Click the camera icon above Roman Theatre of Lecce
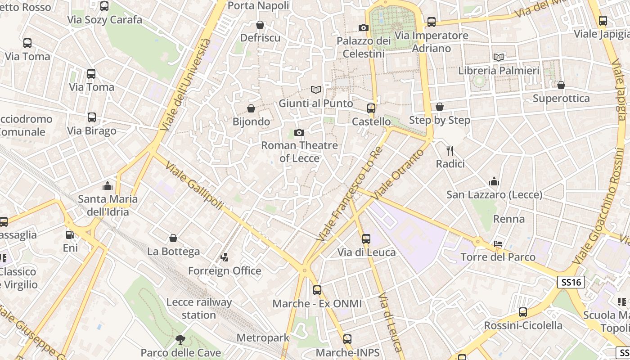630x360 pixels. tap(299, 132)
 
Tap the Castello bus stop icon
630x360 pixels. tap(371, 108)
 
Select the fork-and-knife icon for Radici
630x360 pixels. tap(450, 151)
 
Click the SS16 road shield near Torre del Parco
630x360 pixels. tap(571, 282)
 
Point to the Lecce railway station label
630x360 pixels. tap(199, 309)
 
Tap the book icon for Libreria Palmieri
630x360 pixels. tap(499, 57)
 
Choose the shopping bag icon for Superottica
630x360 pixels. tap(561, 85)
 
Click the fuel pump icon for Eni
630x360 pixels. tap(70, 234)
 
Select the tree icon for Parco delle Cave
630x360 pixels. tap(180, 339)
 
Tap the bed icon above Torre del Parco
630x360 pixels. tap(498, 244)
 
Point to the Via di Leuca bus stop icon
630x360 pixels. tap(366, 239)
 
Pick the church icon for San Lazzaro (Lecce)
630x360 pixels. tap(494, 181)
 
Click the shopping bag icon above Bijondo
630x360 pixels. tap(251, 108)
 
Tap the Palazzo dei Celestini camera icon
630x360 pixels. tap(364, 28)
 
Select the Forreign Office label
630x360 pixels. tap(225, 270)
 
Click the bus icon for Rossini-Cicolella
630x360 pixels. tap(523, 312)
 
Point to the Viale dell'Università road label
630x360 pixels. tap(185, 85)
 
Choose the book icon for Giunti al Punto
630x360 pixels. tap(316, 90)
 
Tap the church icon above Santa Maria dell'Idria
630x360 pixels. tap(108, 185)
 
